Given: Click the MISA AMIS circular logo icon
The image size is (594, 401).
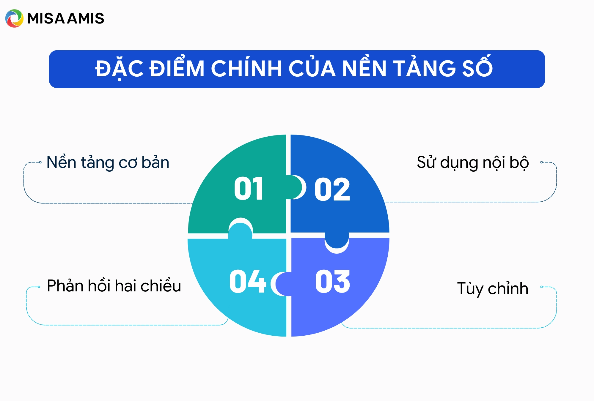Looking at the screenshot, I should point(14,18).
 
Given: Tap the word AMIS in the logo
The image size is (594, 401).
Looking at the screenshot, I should point(86,18).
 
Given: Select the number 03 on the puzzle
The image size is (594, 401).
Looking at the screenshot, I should point(332,281).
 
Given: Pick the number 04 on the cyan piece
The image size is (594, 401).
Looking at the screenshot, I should point(247,281).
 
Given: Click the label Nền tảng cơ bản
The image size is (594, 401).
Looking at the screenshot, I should point(108,162).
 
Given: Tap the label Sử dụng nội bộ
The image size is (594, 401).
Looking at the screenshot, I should point(473,162).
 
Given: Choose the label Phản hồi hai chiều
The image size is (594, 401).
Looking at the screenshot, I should point(114,286).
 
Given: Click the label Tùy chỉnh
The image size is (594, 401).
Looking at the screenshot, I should point(493,288).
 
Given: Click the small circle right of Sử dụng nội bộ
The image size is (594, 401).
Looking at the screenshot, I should point(542,162).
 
